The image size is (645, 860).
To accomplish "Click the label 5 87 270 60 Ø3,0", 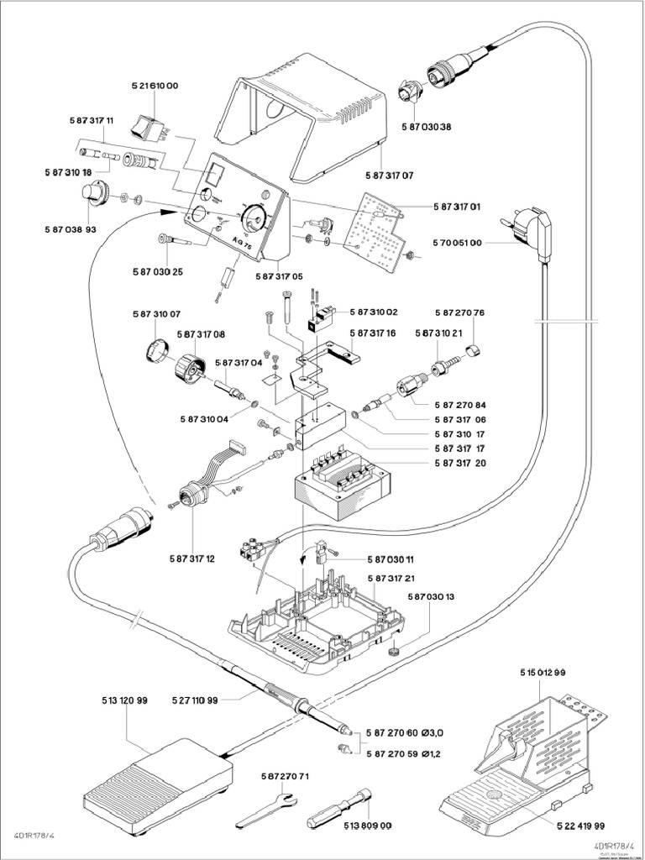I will [x=403, y=732].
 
